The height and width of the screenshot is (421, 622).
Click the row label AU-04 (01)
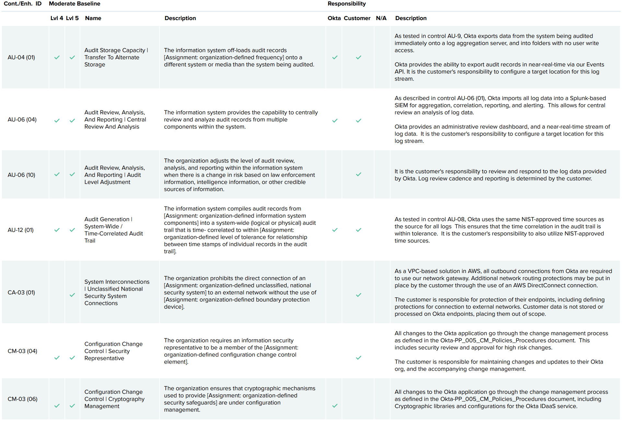(21, 57)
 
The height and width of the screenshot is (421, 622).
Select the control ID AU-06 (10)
(21, 175)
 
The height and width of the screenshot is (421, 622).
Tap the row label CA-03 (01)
(21, 292)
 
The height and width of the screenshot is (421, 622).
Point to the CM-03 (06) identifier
(23, 399)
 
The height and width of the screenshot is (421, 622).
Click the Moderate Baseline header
(75, 4)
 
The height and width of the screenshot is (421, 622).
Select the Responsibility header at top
(347, 4)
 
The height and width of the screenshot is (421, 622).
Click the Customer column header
(357, 18)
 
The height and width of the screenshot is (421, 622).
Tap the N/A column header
(381, 18)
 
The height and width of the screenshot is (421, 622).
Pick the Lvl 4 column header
(57, 18)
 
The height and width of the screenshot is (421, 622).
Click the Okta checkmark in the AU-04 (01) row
(335, 57)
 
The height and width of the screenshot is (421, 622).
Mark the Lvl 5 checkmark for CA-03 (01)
(72, 295)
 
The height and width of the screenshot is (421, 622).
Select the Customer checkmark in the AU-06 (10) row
(359, 174)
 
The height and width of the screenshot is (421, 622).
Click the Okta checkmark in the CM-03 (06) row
(335, 405)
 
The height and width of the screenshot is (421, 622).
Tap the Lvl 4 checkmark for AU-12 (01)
(57, 230)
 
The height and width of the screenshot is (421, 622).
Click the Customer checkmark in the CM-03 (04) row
(359, 358)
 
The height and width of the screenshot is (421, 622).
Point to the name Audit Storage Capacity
(115, 50)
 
